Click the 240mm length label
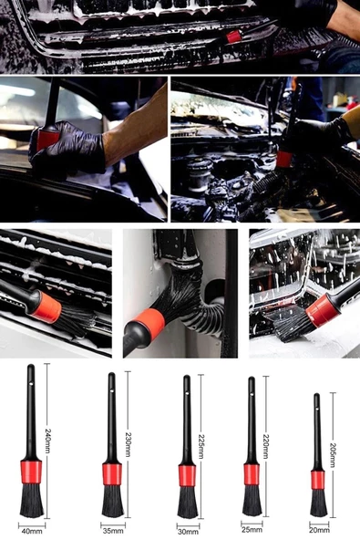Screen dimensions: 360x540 [47, 441]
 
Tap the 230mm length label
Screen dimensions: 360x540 [128, 444]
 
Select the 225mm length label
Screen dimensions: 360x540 [201, 446]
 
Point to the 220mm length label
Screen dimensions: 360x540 [266, 446]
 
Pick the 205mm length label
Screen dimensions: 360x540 [333, 454]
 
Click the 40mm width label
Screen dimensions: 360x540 [32, 531]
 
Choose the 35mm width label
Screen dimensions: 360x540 [113, 531]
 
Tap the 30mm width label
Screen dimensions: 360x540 [188, 532]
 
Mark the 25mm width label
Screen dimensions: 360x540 [252, 529]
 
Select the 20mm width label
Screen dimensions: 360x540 [319, 530]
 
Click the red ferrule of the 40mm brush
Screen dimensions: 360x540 [31, 471]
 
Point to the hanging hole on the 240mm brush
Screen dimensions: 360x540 [31, 382]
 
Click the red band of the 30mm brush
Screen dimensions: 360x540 [187, 475]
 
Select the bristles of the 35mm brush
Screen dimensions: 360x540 [112, 501]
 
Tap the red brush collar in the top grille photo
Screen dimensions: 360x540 [233, 36]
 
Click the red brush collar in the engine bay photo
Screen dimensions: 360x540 [284, 159]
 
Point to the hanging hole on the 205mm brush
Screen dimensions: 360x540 [316, 408]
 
